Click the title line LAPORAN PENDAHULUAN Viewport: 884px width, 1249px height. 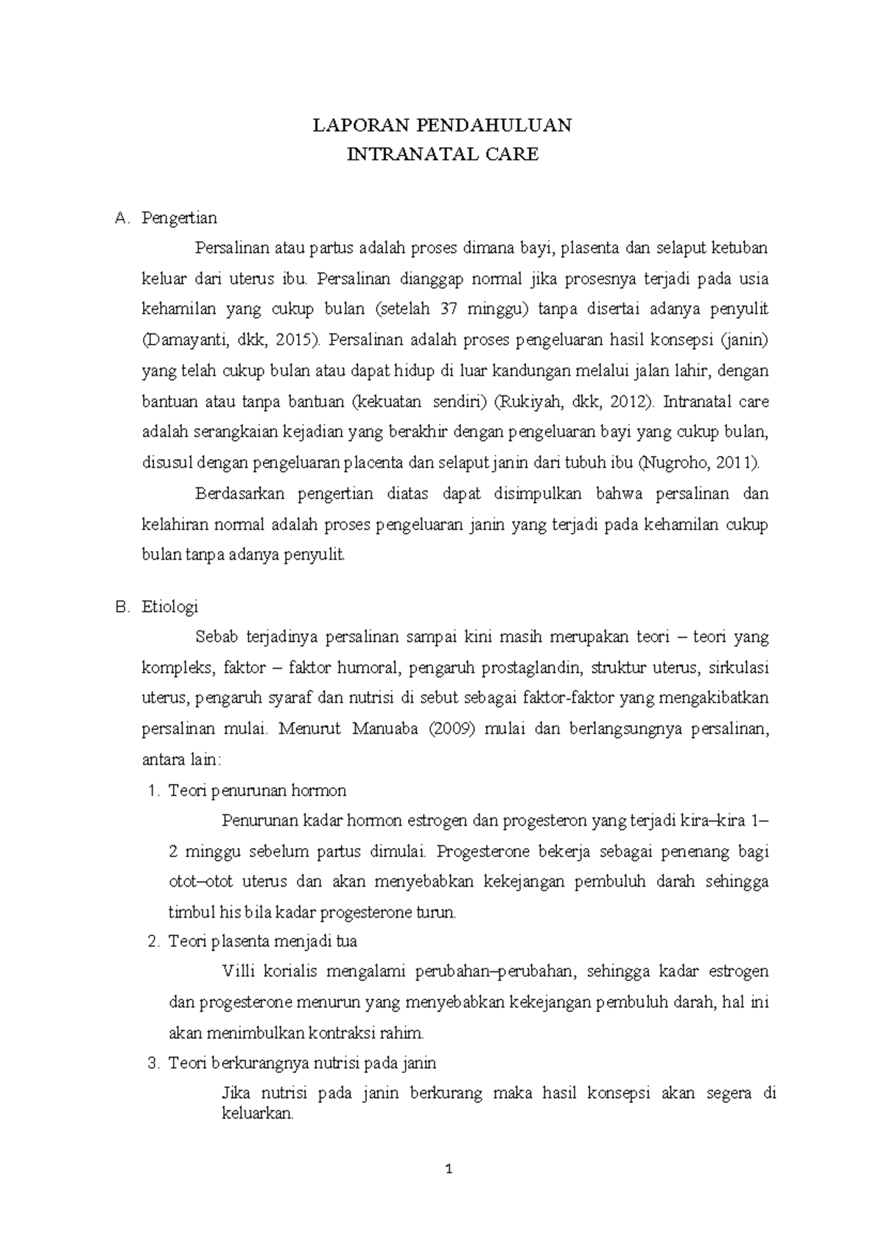[442, 125]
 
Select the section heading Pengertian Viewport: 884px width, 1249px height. [180, 218]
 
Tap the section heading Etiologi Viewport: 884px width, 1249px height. [170, 608]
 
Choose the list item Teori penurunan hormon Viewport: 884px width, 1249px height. [257, 791]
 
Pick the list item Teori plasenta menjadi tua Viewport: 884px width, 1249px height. [263, 941]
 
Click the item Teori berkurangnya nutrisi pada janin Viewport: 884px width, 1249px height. [302, 1063]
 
